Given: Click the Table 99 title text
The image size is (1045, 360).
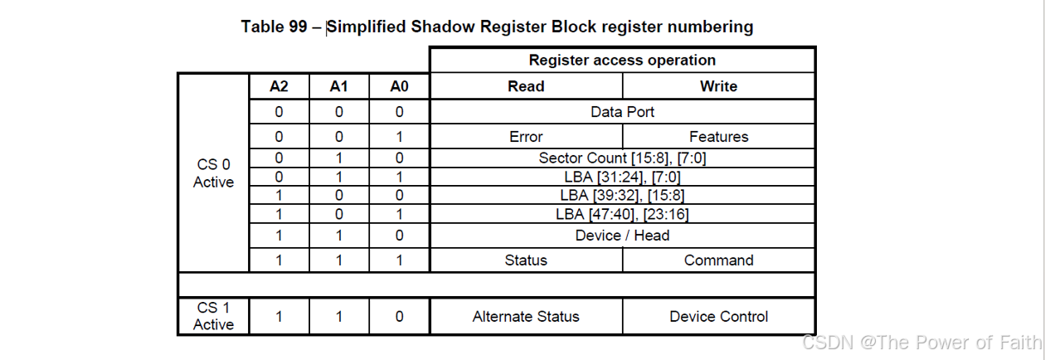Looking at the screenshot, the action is point(497,27).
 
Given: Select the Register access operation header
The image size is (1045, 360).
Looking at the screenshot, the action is point(622,60).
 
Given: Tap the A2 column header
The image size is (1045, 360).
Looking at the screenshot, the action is point(279,86).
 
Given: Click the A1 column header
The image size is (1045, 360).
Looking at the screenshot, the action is point(339,86).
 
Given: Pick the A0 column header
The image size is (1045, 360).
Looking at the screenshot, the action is point(399,86).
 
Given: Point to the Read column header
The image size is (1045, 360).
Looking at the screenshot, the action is point(526,86).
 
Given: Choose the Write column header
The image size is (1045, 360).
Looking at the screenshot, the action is point(718,86).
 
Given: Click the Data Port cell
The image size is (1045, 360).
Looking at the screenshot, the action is point(622,112).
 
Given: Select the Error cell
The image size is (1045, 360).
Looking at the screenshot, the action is point(526,137).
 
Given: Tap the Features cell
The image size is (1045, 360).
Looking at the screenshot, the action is point(718,137).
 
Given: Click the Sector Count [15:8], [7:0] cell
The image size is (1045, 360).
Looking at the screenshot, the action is point(622,158).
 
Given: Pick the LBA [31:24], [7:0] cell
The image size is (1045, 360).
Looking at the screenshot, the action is point(622,176).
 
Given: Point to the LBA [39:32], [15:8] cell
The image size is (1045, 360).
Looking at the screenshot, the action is point(622,195).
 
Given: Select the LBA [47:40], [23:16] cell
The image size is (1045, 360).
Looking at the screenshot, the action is point(622,214).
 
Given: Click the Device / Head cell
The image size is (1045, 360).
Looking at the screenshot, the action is point(622,236).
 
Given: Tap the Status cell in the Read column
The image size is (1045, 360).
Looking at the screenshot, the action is point(526,260).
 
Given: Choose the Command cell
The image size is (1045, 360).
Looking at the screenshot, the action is point(718,260).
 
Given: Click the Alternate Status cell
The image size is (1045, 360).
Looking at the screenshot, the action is point(526,316).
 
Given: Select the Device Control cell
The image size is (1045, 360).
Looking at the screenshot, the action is point(718,316).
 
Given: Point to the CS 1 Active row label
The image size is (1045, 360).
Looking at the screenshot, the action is point(213,316).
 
